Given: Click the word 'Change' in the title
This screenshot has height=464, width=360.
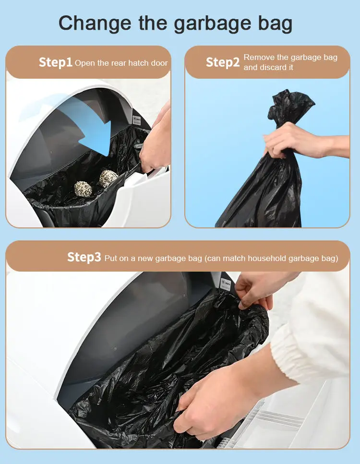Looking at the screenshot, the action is pos(95,24).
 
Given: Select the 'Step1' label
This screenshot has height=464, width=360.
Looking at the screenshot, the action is pos(56,62).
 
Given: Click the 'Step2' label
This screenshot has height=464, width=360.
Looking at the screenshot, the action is pos(223,62).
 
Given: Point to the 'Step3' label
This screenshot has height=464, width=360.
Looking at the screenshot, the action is pos(84,257).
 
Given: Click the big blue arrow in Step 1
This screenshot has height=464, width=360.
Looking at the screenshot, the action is pos(89,130).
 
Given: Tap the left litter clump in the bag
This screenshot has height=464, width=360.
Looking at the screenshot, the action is pos(83,189).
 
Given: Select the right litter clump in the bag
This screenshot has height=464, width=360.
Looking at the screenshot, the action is pos(108,178).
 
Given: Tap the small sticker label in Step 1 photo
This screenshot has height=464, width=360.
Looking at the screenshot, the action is pos(137,120).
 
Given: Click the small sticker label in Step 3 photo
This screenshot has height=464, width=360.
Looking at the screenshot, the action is pos(226,285).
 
